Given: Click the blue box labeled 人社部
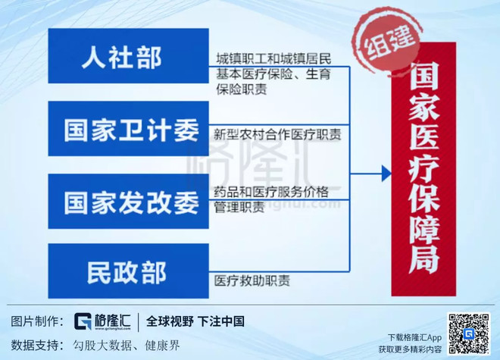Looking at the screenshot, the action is coord(129,56).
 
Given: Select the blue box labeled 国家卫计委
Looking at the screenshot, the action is coord(129,129).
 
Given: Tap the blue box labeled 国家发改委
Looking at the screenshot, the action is coord(129,201).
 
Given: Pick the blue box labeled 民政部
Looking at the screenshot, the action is coord(129,271).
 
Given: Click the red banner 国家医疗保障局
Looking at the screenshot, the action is coord(423,169).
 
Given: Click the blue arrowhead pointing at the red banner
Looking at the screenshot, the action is coord(386,174).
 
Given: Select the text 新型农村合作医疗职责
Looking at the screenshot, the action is coord(277,134).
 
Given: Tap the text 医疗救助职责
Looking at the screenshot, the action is coord(252,280).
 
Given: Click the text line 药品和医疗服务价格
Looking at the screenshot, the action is coord(271,192).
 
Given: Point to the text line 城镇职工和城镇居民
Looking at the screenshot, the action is coord(273,58).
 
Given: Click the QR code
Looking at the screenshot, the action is coord(469,333).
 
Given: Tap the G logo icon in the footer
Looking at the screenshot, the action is coord(83,321).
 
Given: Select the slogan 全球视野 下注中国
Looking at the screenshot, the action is coord(195,321).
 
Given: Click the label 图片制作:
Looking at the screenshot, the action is coord(37,321).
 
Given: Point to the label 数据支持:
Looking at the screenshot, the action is coord(37,345).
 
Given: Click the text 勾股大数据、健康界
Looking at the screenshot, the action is coord(127,345).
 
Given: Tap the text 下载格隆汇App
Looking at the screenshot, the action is coord(414,337).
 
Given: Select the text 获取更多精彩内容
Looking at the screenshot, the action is coord(410,349).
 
